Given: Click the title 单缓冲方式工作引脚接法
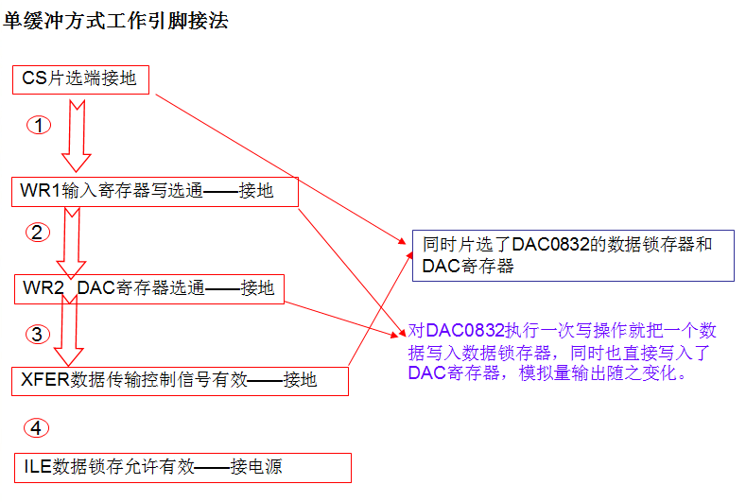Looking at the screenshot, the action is pyautogui.click(x=116, y=20).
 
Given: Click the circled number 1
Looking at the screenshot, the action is pyautogui.click(x=38, y=125).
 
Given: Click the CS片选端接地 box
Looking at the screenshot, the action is pyautogui.click(x=82, y=78).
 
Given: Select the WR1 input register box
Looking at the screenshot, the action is pyautogui.click(x=156, y=192).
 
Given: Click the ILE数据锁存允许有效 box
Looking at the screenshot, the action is pyautogui.click(x=182, y=467).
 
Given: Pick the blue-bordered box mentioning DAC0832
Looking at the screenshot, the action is pyautogui.click(x=573, y=255).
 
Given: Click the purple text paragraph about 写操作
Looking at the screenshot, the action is pyautogui.click(x=563, y=352).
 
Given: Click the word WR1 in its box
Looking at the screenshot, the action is pyautogui.click(x=41, y=192).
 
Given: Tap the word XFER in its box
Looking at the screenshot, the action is pyautogui.click(x=45, y=381).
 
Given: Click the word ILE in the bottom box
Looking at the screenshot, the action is pyautogui.click(x=38, y=467).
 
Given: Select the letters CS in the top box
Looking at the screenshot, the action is pyautogui.click(x=34, y=78).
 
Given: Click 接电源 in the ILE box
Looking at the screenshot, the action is pyautogui.click(x=256, y=467).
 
